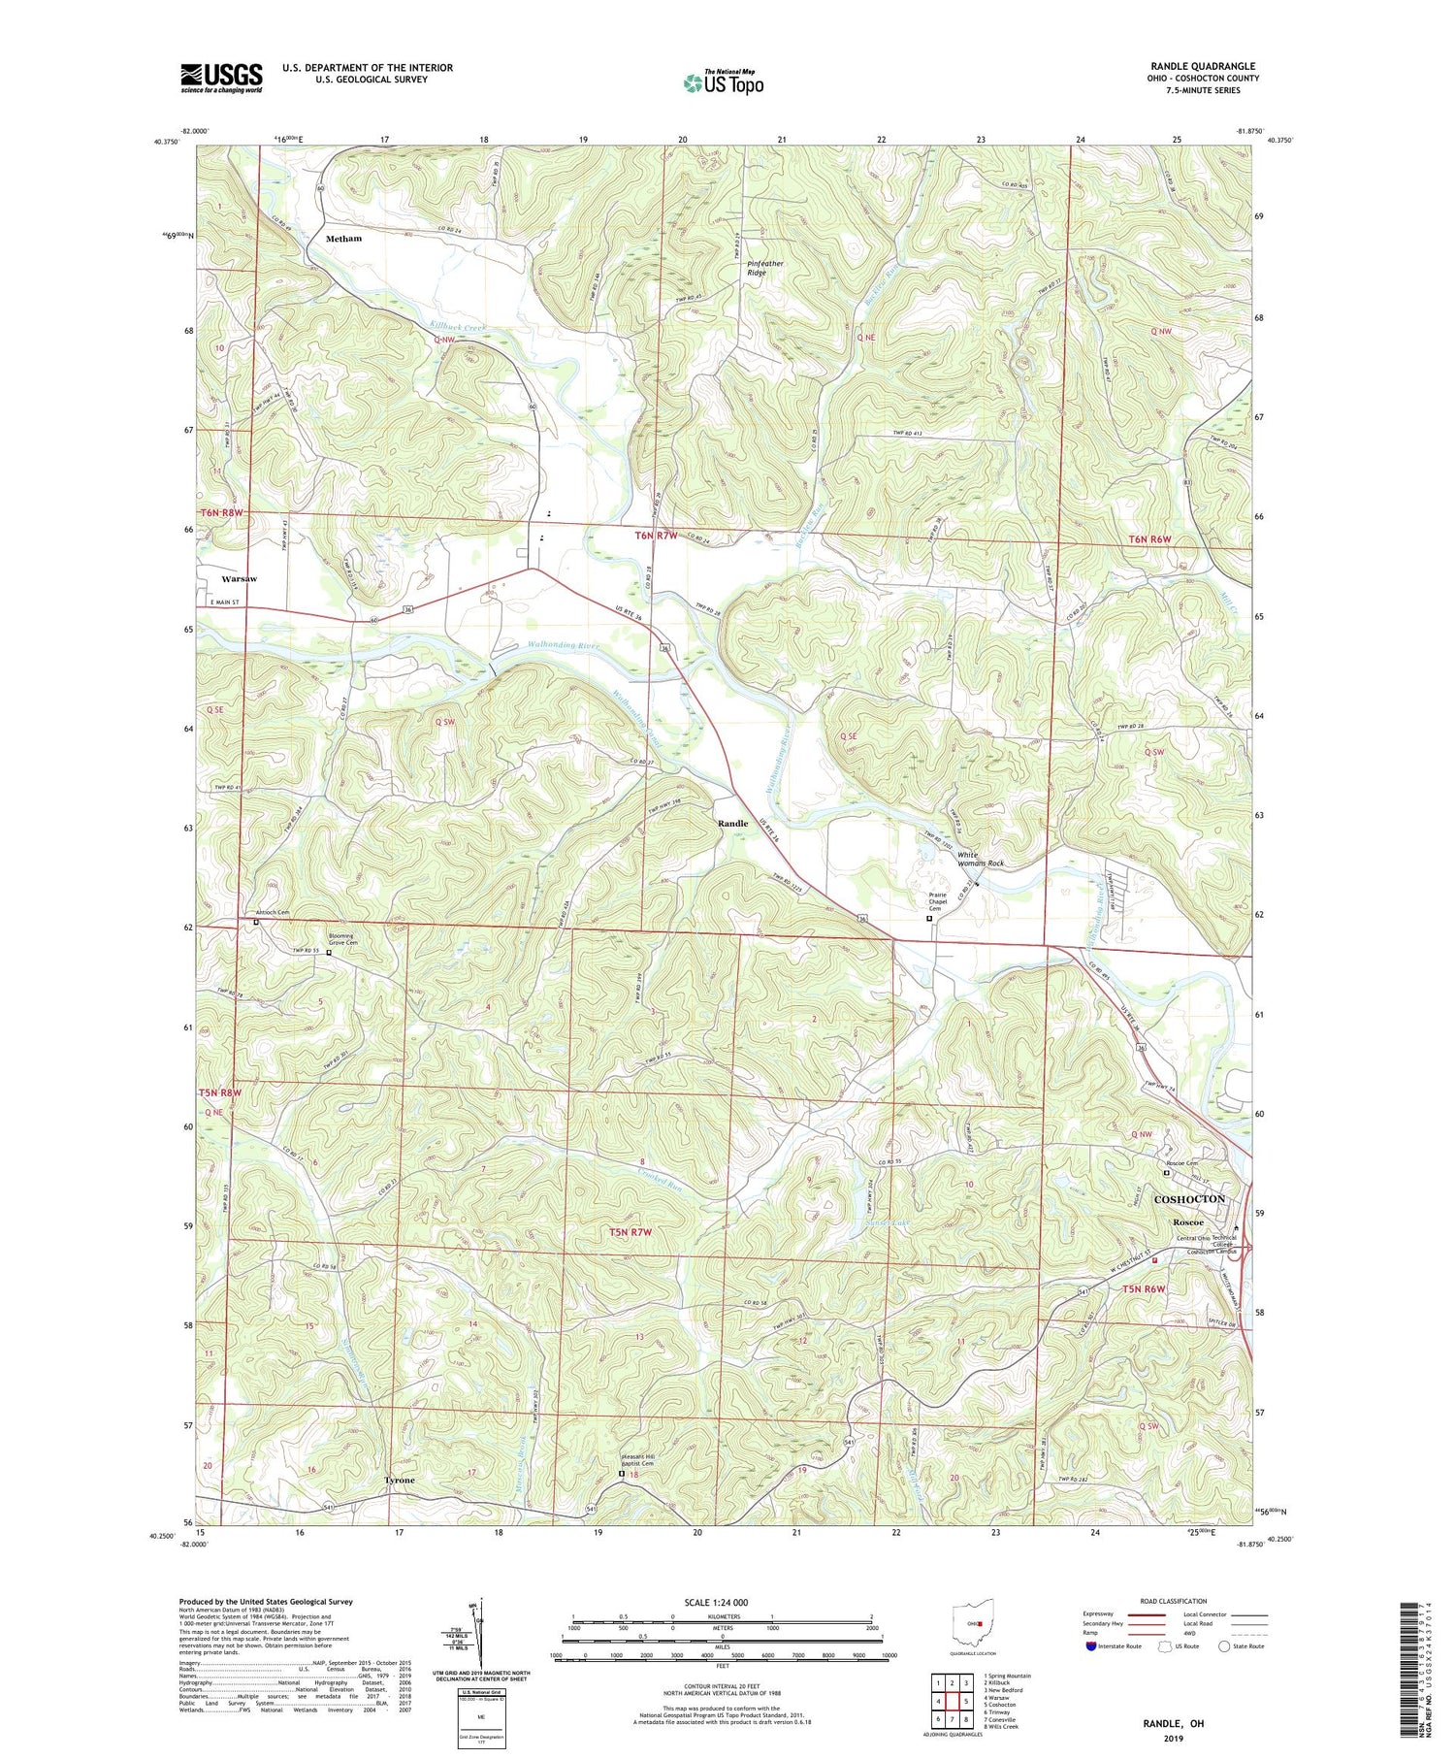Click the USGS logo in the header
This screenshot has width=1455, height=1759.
coord(221,78)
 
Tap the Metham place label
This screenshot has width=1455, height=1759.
coord(343,238)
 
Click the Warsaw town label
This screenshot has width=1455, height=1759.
coord(239,579)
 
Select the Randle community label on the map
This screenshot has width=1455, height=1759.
coord(732,823)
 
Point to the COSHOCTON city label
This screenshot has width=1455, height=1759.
coord(1189,1199)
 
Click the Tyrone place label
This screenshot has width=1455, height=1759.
coord(399,1481)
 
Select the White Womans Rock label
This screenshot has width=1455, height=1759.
coord(980,859)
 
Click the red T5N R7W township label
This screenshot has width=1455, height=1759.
coord(630,1233)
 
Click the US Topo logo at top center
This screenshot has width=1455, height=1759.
coord(723,82)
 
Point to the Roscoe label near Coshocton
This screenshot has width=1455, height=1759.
coord(1188,1222)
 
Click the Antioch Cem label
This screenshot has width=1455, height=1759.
coord(272,912)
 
